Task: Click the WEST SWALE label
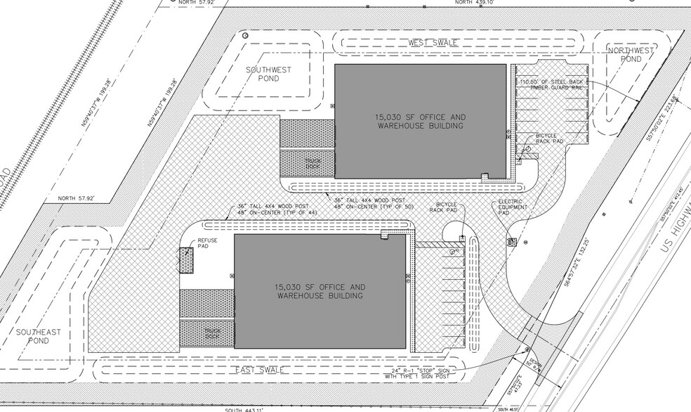coord(433,43)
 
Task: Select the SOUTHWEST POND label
coord(263,75)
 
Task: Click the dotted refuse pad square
coord(186,261)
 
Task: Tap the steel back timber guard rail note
coord(551,84)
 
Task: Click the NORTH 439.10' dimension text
coord(475,3)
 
